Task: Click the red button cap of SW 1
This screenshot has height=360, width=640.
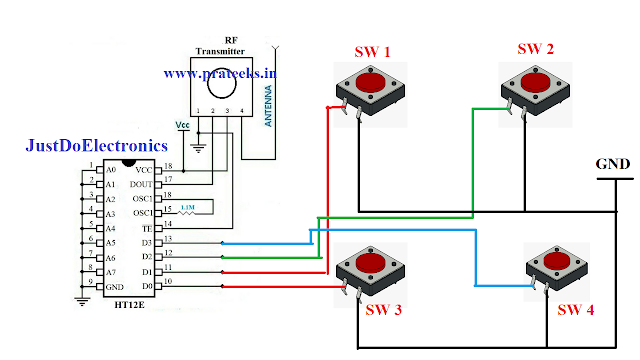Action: (370, 81)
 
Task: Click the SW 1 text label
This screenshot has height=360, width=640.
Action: (373, 52)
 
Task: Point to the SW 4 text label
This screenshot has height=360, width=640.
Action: (575, 309)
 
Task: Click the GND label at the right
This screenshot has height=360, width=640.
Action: (612, 163)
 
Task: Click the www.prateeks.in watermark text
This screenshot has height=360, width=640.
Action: (219, 73)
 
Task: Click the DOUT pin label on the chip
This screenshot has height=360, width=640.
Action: (142, 184)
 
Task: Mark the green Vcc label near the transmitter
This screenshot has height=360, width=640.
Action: (182, 125)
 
